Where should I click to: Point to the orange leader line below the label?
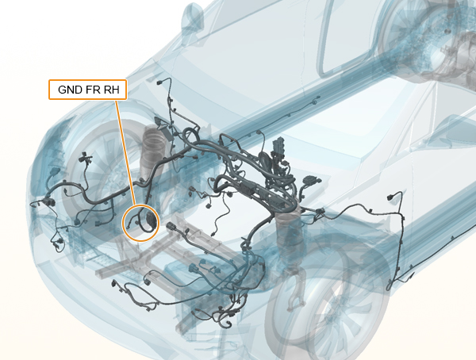(125, 152)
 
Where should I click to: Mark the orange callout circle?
(140, 223)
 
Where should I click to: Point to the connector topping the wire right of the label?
(160, 82)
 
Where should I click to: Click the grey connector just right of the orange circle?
(171, 227)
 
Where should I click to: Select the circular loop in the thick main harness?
(190, 136)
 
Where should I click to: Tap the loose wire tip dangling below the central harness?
(213, 234)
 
